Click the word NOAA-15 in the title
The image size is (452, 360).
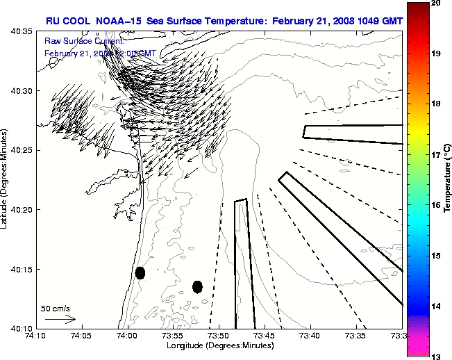click(120, 21)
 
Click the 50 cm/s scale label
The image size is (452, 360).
click(55, 308)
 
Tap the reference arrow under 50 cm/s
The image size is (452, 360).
click(60, 319)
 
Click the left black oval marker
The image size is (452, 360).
click(140, 272)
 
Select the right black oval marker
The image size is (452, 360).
click(197, 286)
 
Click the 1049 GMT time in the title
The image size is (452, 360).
click(374, 21)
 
